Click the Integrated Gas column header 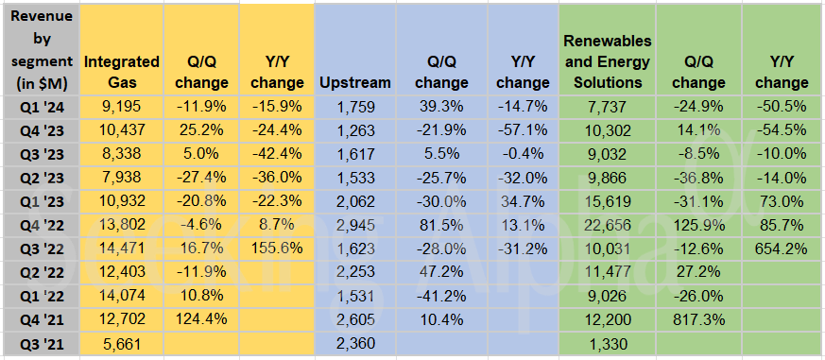pos(121,73)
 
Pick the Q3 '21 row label pos(40,346)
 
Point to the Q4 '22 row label pos(40,226)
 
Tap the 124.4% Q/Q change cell pos(200,321)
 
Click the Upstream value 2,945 pos(357,226)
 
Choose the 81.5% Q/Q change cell pos(436,226)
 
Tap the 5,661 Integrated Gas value pos(121,346)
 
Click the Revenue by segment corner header pos(40,50)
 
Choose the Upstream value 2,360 pos(357,346)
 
